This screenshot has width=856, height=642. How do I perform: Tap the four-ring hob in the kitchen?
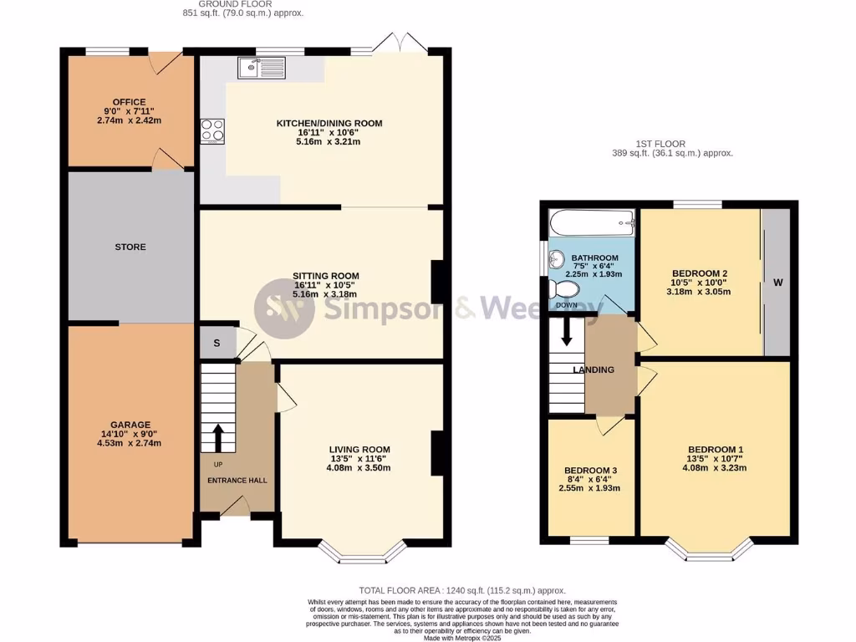click(x=212, y=131)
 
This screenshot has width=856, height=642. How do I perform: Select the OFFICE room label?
click(x=130, y=102)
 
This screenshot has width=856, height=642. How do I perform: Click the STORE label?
click(x=130, y=247)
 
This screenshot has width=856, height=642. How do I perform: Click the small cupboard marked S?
click(x=217, y=343)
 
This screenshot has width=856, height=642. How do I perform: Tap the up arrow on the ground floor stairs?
click(x=219, y=436)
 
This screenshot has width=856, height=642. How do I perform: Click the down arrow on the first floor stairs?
click(x=566, y=331)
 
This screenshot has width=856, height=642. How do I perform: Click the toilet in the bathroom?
click(x=565, y=289)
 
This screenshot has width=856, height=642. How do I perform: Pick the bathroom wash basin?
click(x=558, y=262)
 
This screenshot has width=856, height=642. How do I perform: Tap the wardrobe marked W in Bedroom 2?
click(x=777, y=283)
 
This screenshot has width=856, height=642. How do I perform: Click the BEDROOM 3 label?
click(x=591, y=470)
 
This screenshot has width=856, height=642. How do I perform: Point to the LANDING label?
click(x=594, y=369)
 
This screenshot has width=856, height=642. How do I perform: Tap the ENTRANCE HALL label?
click(x=237, y=481)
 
